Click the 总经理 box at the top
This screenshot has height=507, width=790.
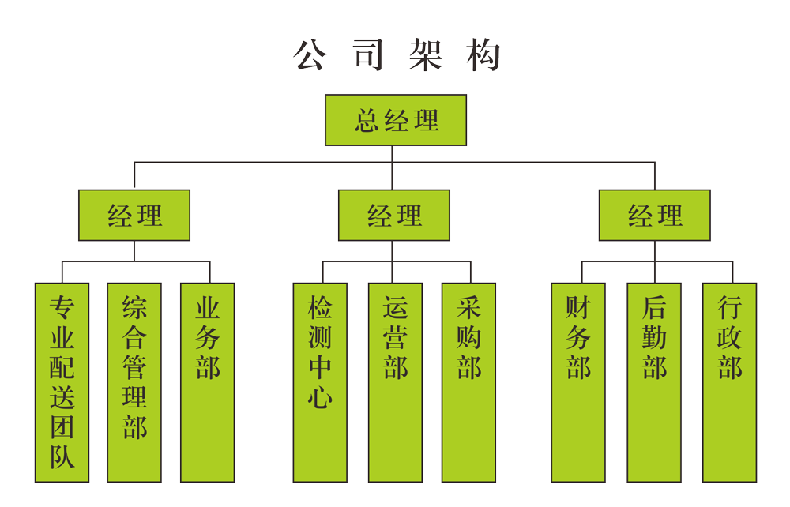coord(396,120)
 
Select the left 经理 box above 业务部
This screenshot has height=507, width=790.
coord(134,215)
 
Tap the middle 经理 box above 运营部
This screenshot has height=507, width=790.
coord(394,215)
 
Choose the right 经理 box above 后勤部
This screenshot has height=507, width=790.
coord(654,215)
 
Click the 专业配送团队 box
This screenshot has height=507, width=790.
coord(62,382)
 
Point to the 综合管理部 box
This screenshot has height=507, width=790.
coord(134,382)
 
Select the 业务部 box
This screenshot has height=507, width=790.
coord(207,382)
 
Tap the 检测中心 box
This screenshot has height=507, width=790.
coord(319,382)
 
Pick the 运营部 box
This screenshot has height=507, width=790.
coord(394,382)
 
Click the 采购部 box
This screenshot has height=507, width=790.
coord(468,382)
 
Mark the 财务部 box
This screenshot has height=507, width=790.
coord(578,382)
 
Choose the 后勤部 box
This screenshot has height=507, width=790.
coord(654,382)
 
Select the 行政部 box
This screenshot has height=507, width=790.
coord(729,382)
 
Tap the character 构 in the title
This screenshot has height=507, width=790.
coord(482,55)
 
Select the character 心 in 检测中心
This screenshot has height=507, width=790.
coord(319,397)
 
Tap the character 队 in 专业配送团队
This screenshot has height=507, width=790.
coord(62,457)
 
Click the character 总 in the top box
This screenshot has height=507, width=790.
coord(367,121)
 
